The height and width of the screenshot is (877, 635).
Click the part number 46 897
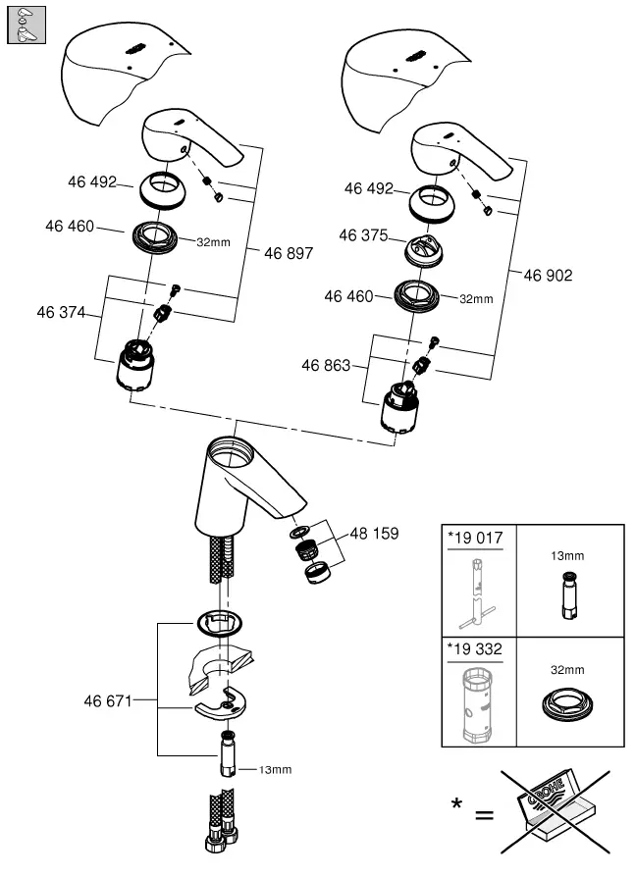coord(289,253)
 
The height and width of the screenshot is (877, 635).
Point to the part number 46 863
coord(326,365)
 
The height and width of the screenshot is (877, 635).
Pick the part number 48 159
coord(375,537)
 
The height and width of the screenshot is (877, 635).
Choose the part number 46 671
coord(108,700)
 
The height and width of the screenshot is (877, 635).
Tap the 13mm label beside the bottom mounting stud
coord(275,770)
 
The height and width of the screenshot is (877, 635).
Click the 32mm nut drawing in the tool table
coord(569,708)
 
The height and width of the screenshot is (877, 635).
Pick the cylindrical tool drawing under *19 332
coord(478,703)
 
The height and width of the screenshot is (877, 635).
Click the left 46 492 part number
coord(92,182)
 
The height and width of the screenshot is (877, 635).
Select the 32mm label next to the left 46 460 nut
coord(213,241)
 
